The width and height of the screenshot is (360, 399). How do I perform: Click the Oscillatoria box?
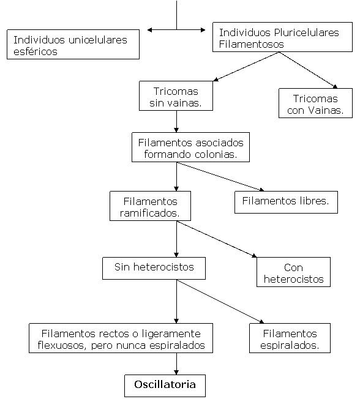coord(165,386)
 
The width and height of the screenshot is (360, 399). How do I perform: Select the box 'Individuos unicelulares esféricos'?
coord(73,45)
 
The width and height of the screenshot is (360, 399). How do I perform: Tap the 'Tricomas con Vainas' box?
coord(315,103)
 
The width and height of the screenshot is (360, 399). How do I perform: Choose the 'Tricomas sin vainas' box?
coord(176,96)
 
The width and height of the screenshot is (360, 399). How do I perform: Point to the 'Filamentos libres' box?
coord(286,203)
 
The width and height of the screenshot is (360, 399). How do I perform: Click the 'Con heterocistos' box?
coord(293,272)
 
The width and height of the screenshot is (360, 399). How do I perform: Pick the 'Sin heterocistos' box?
coord(154,268)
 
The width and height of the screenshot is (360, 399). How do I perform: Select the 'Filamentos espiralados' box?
coord(290,338)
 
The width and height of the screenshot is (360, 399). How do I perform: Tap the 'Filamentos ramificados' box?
coord(150,206)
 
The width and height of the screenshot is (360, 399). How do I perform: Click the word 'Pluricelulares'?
coord(307,32)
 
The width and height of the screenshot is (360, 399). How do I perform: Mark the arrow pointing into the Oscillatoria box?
coord(176,364)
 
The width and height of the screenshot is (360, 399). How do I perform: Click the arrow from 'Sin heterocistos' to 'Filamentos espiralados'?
coord(220,302)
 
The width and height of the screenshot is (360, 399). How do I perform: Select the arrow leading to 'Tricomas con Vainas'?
coord(309,70)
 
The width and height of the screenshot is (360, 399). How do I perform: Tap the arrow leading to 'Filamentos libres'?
coord(220,177)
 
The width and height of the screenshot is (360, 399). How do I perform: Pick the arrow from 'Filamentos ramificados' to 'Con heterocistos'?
coord(217,239)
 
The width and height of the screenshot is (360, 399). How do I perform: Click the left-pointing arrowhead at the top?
coord(150,30)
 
